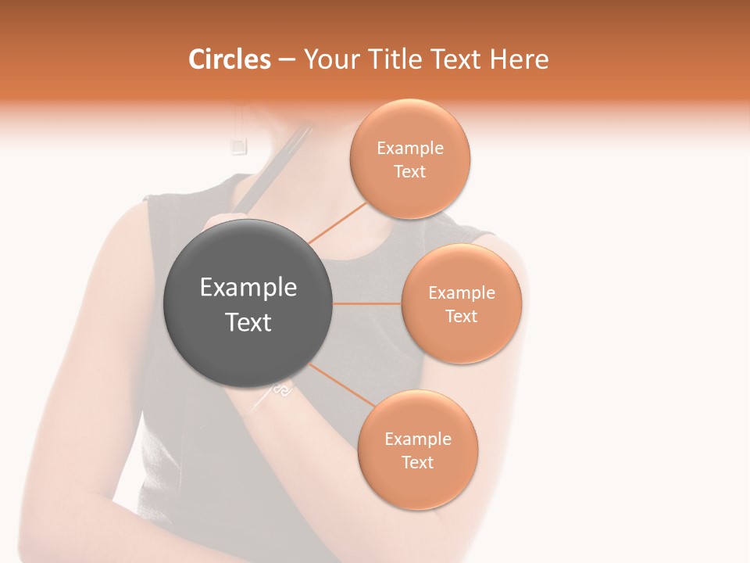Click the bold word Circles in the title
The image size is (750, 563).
[229, 59]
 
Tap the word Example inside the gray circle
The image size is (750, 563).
[248, 288]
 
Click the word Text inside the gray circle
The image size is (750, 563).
[248, 322]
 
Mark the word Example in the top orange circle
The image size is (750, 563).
[410, 149]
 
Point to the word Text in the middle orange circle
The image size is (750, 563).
[461, 316]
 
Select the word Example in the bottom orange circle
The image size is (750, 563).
[418, 439]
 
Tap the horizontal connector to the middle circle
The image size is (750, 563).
[367, 303]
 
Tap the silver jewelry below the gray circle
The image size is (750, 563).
[281, 390]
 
